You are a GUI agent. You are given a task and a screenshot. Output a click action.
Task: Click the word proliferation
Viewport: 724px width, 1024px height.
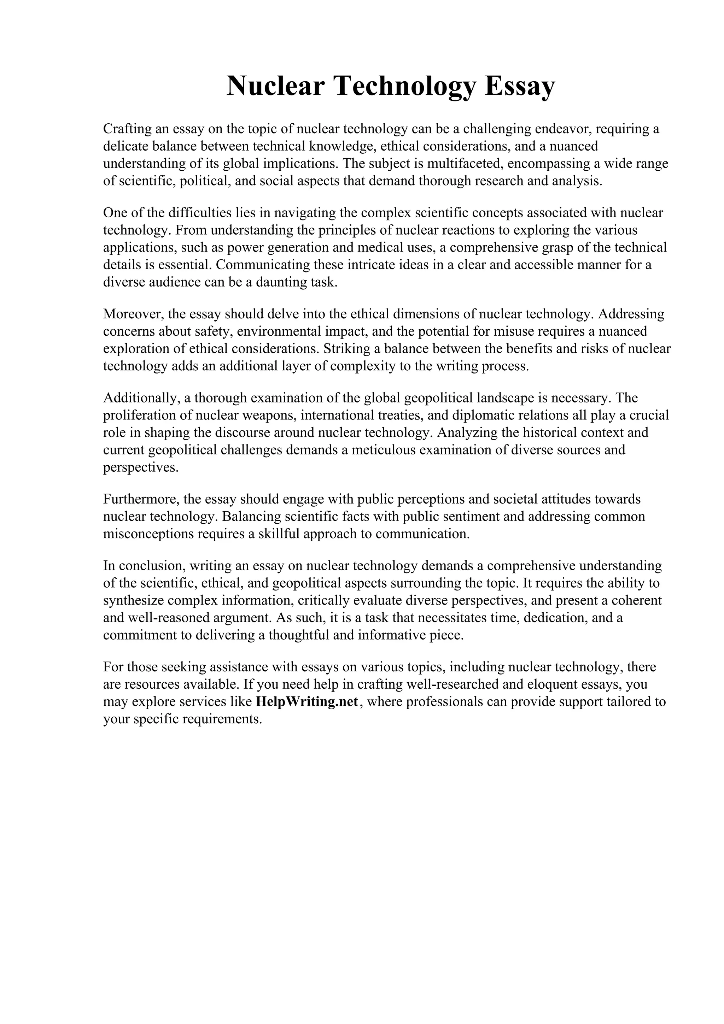tap(140, 415)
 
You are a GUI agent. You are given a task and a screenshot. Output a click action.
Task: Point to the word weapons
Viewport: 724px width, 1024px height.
tap(271, 415)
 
